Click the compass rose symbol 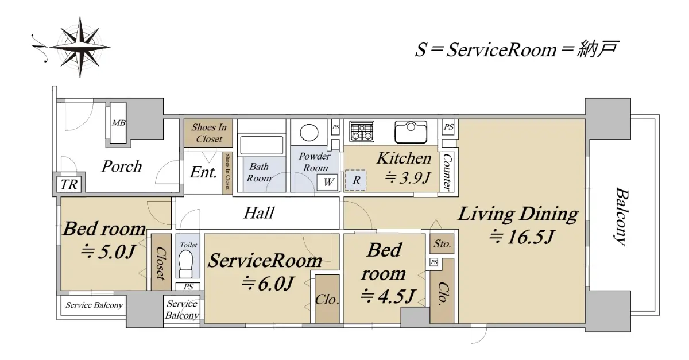(80, 47)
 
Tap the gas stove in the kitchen (362, 131)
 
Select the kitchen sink (411, 132)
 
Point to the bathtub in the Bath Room (261, 145)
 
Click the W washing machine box (328, 182)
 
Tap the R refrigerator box (355, 180)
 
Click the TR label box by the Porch (69, 185)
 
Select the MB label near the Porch (118, 123)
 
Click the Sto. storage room (442, 244)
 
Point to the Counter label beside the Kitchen (447, 173)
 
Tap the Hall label (259, 213)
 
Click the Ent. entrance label (203, 172)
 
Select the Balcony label (622, 216)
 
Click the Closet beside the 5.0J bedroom (161, 262)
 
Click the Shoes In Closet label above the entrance (209, 133)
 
